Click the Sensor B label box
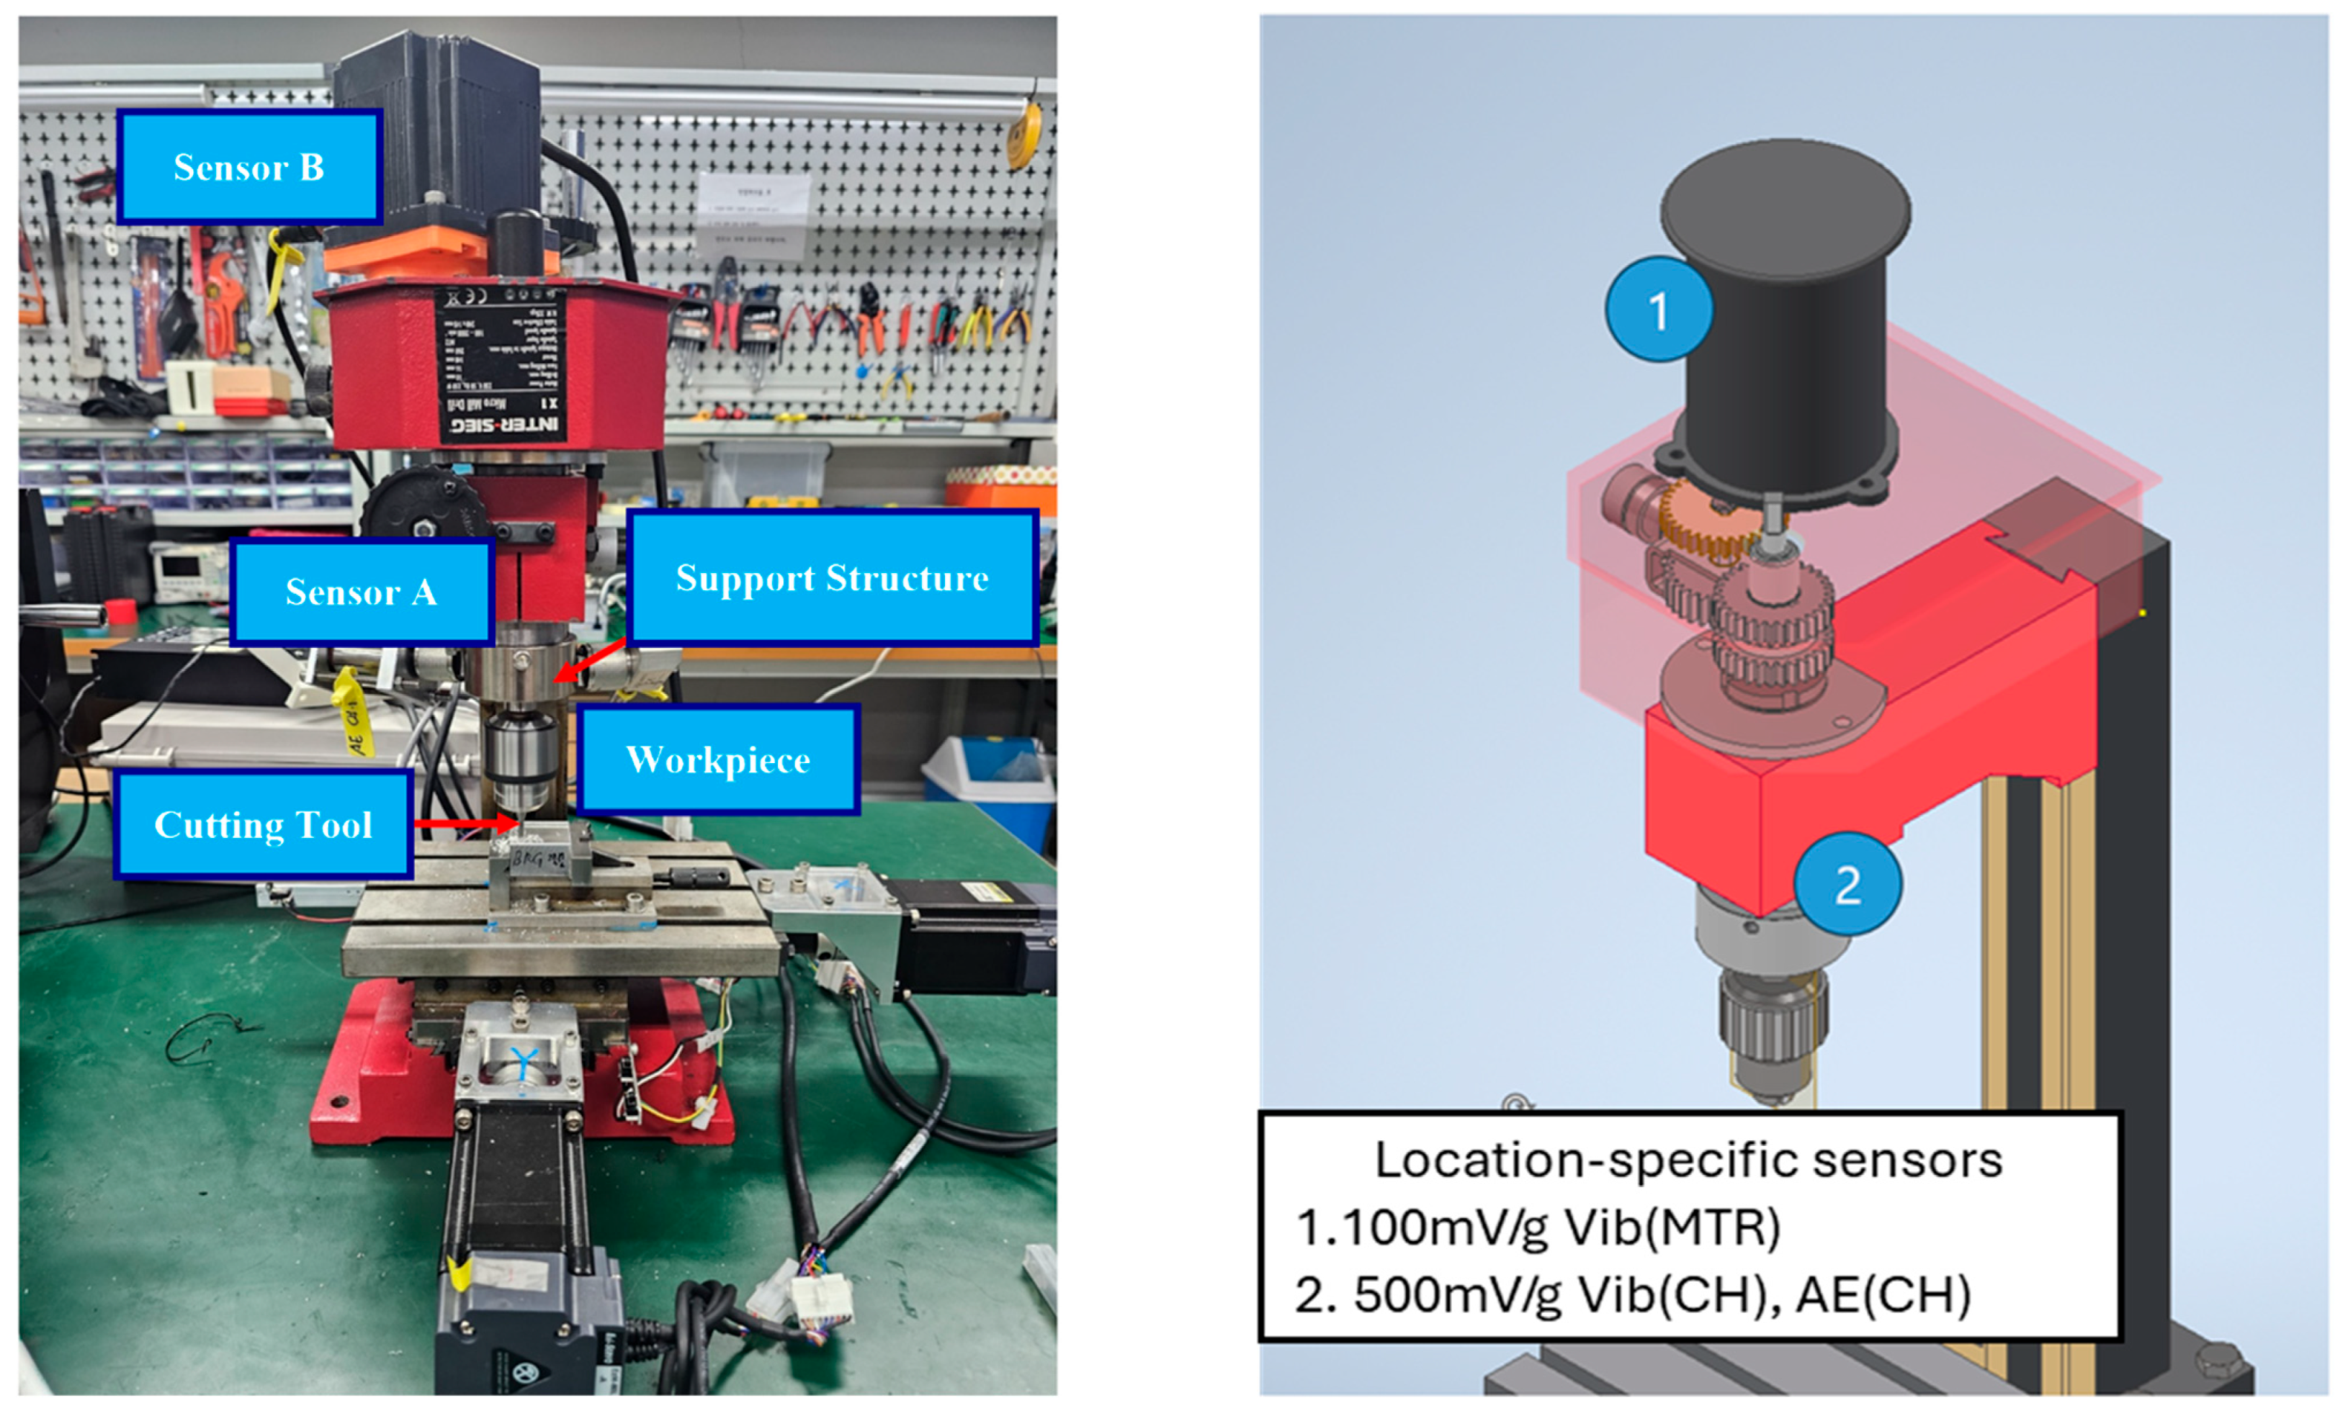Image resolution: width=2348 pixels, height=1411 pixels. pos(249,167)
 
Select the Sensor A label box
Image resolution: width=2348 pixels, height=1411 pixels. pos(362,592)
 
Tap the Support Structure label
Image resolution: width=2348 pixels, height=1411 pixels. pos(832,578)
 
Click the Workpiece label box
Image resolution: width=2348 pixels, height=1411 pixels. pos(718,759)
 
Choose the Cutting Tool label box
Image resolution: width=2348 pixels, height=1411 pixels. pos(264,824)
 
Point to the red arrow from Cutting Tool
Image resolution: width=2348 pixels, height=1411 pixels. pos(466,822)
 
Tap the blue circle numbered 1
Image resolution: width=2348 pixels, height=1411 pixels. pos(1659,309)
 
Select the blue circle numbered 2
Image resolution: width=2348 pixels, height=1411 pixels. pos(1847,884)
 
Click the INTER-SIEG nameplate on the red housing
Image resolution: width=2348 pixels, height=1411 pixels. pos(502,366)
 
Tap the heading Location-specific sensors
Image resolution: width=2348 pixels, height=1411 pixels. pos(1688,1160)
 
